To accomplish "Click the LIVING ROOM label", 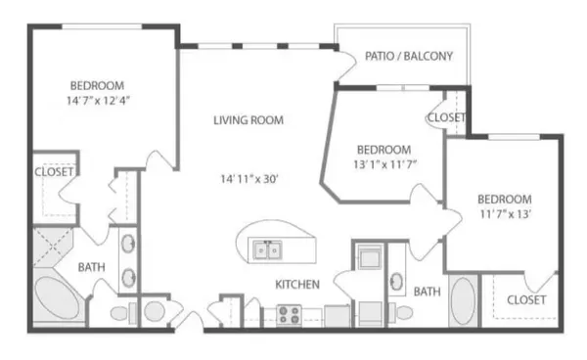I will (248, 121).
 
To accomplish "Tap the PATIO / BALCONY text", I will (409, 57).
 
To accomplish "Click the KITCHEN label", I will (297, 286).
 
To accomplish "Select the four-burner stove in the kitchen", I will (290, 315).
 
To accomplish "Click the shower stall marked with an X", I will (51, 246).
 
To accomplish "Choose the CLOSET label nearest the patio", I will (446, 118).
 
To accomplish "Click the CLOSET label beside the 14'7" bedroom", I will (54, 172).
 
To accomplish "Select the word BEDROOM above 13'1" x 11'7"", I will (383, 150).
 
